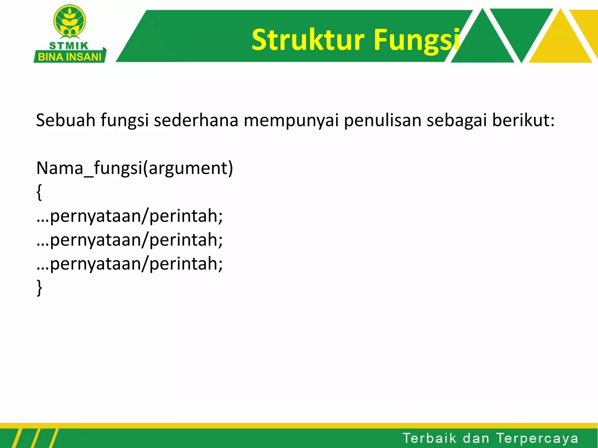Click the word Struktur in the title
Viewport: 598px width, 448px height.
(x=308, y=40)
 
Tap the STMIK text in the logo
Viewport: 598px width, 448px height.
(x=69, y=46)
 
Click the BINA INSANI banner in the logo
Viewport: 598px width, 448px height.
(x=69, y=57)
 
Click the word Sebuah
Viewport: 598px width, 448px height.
(x=65, y=120)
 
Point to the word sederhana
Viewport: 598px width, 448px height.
(x=196, y=120)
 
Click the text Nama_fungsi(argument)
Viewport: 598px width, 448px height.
(x=135, y=168)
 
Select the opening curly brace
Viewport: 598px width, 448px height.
(x=39, y=192)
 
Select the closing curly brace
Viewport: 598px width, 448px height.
(x=39, y=288)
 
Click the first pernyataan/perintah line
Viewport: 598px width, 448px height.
(x=130, y=216)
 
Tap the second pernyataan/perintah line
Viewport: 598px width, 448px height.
(x=130, y=240)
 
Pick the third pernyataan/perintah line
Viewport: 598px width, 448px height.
(x=130, y=264)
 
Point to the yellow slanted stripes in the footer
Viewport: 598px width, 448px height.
(x=35, y=438)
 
